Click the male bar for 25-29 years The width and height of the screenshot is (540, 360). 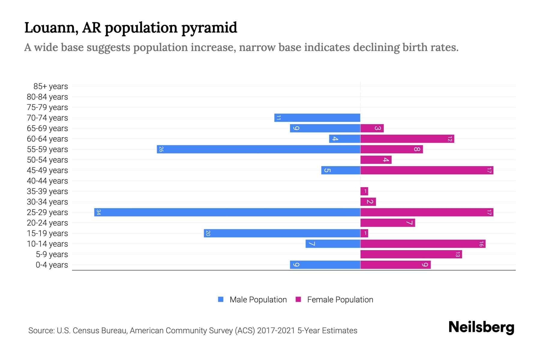point(227,212)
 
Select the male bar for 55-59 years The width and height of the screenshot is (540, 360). point(258,149)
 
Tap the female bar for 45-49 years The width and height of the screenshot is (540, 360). point(427,170)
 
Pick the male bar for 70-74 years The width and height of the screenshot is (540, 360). point(317,118)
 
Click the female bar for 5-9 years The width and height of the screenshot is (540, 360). point(411,254)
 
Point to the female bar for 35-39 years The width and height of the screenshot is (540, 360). point(364,191)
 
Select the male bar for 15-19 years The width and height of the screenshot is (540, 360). point(282,233)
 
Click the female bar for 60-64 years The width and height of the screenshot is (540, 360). point(407,139)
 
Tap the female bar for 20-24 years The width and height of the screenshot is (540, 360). point(388,223)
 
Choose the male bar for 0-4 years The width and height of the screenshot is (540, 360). point(325,265)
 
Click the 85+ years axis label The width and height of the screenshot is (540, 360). point(50,86)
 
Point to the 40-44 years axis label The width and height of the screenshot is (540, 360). point(47,181)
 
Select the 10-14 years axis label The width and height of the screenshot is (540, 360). point(47,244)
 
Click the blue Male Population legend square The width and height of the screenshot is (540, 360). point(221,299)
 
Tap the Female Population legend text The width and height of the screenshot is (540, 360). point(340,300)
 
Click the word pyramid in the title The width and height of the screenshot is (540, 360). point(209,28)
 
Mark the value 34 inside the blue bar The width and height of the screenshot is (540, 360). point(98,212)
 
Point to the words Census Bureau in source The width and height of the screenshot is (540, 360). point(100,331)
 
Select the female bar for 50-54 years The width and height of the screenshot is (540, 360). point(376,160)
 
